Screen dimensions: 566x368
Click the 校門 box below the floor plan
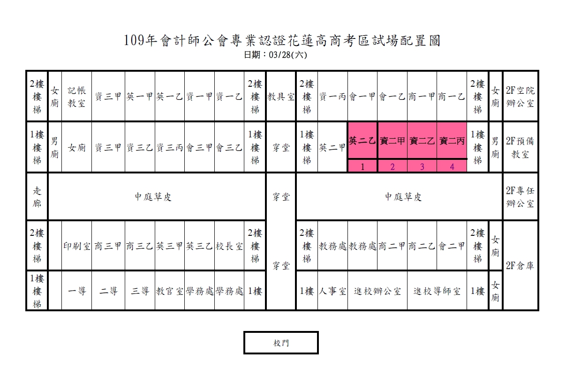(281, 343)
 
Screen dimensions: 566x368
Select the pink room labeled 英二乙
(362, 141)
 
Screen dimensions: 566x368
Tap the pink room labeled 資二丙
(452, 141)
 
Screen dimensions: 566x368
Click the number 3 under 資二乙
(422, 167)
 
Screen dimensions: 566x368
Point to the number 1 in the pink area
(362, 167)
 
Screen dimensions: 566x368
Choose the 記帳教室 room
(76, 97)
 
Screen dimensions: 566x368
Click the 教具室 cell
(281, 97)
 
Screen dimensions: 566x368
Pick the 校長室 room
(229, 246)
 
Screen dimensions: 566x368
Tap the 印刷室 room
(76, 246)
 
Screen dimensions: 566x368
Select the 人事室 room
(332, 291)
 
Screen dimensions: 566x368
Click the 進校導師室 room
(437, 291)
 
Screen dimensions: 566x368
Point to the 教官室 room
(170, 291)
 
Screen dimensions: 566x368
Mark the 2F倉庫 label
(520, 265)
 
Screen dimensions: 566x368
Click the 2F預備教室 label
(520, 148)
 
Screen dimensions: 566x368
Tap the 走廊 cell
(37, 197)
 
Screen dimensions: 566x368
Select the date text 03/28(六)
(288, 55)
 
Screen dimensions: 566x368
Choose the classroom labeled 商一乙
(452, 97)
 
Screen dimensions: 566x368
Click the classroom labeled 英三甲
(170, 246)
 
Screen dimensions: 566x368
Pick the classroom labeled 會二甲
(452, 246)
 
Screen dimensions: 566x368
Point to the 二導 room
(108, 291)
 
